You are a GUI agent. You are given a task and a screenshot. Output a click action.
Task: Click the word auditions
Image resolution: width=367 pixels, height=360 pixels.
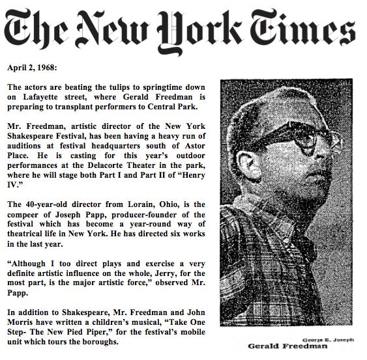[x=27, y=141]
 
